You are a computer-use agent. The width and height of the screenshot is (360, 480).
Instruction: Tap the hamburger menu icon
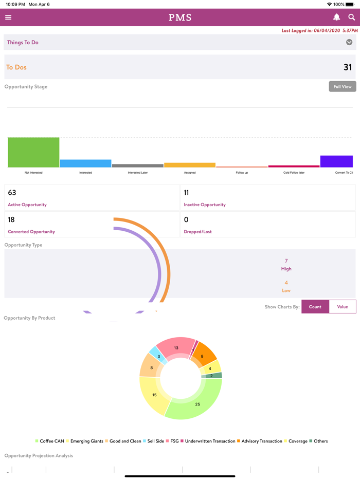8,17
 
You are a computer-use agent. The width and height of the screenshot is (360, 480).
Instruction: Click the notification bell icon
336,17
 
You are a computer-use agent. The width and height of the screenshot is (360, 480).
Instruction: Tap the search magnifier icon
352,17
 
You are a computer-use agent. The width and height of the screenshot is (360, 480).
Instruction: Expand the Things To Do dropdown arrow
349,43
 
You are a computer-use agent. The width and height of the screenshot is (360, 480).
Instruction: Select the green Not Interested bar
33,152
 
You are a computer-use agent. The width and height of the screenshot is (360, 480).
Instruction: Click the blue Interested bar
85,163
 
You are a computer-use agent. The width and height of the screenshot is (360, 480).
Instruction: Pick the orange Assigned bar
189,165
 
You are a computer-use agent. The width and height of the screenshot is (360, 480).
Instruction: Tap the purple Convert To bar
336,161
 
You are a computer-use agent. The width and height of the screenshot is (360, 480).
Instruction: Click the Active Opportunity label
27,205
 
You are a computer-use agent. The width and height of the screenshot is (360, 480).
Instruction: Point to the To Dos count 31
348,67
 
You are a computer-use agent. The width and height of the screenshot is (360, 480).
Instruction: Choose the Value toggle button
343,307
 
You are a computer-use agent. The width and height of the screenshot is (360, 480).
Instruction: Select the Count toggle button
315,307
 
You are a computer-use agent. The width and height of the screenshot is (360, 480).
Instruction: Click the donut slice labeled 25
197,404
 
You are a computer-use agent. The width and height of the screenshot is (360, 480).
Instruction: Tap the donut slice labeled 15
154,395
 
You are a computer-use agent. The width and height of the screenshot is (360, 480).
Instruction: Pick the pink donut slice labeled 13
176,348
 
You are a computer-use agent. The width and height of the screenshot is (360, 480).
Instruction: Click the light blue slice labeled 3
159,356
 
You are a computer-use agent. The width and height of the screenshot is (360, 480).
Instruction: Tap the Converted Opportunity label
31,232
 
